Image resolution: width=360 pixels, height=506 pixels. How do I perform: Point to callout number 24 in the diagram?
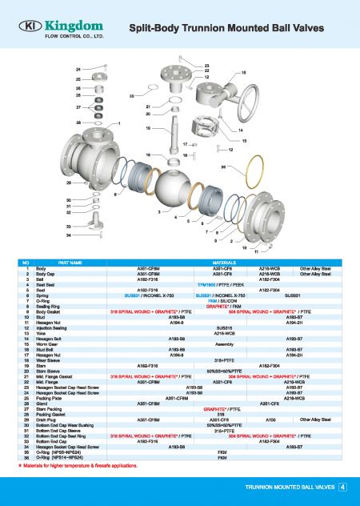(78, 70)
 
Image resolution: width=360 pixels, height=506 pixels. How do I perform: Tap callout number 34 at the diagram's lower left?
(69, 236)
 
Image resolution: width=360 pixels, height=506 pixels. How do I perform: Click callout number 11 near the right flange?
(257, 252)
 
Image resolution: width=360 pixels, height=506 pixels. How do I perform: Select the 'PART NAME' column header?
(70, 262)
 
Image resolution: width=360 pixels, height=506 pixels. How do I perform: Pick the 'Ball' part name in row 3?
(40, 279)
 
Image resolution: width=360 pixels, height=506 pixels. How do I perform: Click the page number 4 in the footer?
(342, 486)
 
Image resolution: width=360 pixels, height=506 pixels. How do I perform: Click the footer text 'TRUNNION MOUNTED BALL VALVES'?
(289, 486)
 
